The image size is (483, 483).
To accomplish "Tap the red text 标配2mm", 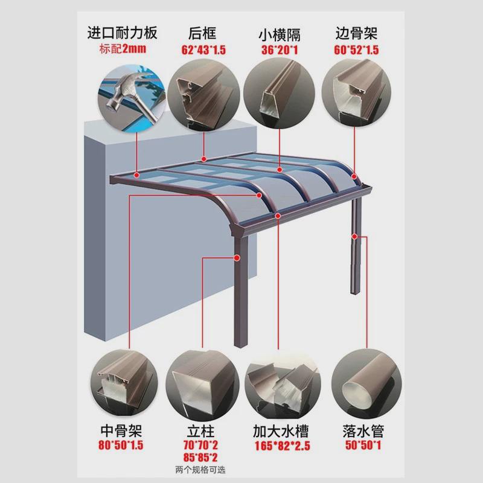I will pyautogui.click(x=122, y=48).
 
